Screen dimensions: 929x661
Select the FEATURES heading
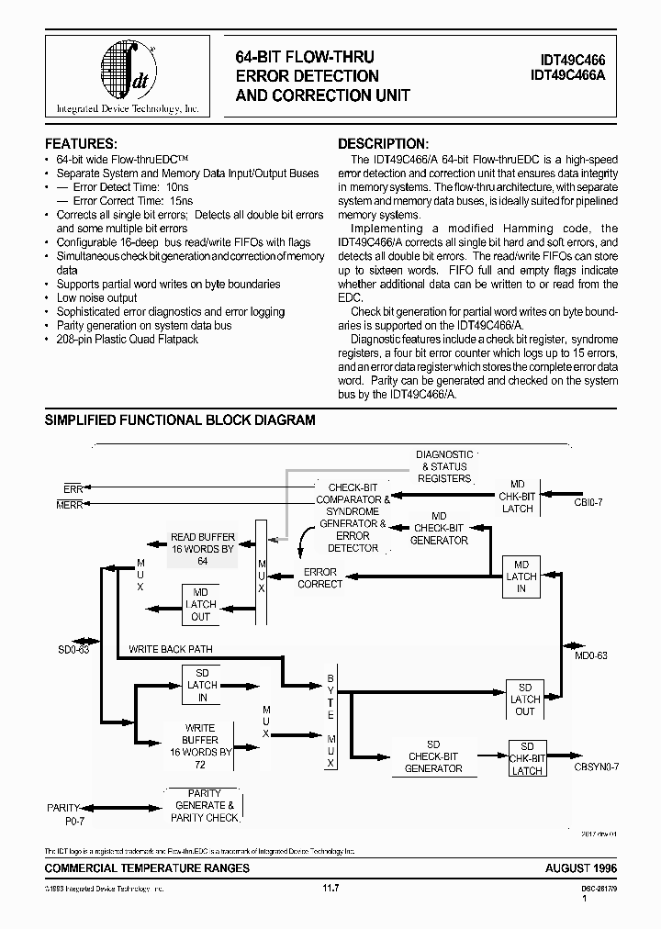[x=81, y=144]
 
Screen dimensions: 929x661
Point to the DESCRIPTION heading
[x=383, y=144]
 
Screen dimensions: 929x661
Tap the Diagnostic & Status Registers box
[x=444, y=466]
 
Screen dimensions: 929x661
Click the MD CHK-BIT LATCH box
[x=516, y=496]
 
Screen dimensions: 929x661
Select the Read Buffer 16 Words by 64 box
[x=203, y=549]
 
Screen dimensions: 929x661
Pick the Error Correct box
[x=320, y=577]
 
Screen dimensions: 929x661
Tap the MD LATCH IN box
[x=521, y=576]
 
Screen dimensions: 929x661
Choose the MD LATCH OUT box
[x=201, y=604]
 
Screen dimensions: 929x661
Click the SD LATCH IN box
[x=202, y=685]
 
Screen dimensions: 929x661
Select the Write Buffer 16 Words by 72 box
[x=200, y=745]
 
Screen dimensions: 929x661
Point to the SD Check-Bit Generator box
[x=433, y=756]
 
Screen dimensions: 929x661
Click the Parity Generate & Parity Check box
[x=204, y=805]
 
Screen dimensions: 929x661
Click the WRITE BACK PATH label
[x=171, y=649]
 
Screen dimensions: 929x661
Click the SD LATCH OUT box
[x=525, y=699]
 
